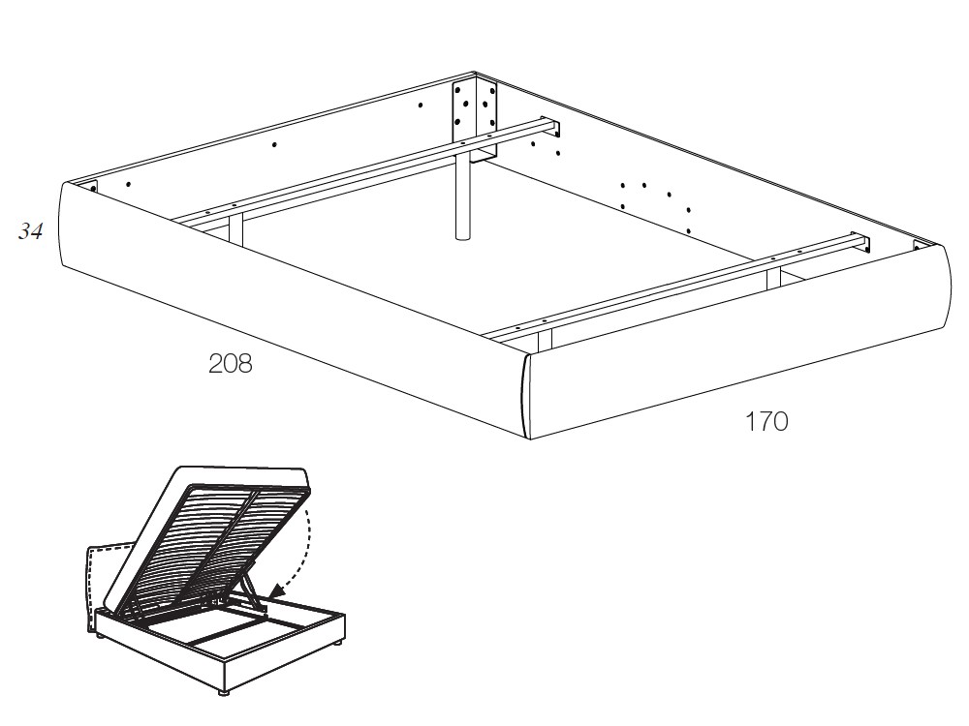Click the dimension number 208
231,364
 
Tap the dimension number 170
766,422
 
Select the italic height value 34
31,231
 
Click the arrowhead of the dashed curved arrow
276,590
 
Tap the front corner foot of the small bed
223,692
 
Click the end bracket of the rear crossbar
555,128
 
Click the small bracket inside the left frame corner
93,186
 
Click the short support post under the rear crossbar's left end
236,228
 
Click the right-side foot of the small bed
337,644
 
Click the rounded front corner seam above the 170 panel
525,396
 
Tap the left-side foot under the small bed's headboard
98,635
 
